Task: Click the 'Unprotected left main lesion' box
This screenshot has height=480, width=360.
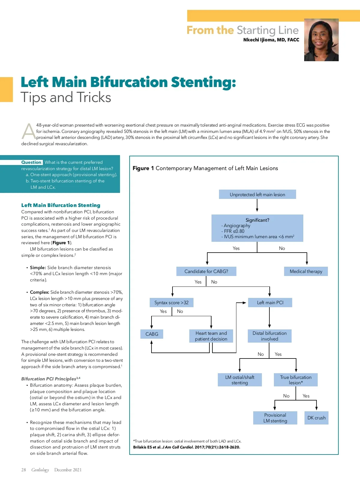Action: [257, 194]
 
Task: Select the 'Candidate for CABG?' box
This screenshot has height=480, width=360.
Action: [206, 271]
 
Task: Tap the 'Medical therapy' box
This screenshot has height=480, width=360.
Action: [306, 271]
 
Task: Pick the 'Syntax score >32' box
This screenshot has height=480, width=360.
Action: [171, 302]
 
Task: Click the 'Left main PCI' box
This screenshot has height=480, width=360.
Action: [270, 302]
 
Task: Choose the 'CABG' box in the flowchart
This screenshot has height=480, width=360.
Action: [152, 334]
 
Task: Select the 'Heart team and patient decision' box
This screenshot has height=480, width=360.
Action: [211, 336]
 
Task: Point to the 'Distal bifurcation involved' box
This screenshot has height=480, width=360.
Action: [269, 336]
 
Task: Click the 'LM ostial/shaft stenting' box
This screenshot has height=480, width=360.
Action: [240, 380]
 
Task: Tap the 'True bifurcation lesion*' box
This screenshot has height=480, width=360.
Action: [296, 380]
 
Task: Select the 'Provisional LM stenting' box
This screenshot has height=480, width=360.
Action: [275, 418]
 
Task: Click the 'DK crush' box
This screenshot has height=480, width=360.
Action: [316, 418]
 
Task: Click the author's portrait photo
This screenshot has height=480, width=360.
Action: [321, 40]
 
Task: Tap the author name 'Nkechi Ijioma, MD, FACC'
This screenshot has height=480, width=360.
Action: [271, 40]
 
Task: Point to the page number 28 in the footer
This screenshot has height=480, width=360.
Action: [24, 470]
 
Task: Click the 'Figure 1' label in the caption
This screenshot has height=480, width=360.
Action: [143, 168]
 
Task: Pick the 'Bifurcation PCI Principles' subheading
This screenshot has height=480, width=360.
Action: [49, 379]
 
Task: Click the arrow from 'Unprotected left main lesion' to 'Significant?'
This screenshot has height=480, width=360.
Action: [257, 205]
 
